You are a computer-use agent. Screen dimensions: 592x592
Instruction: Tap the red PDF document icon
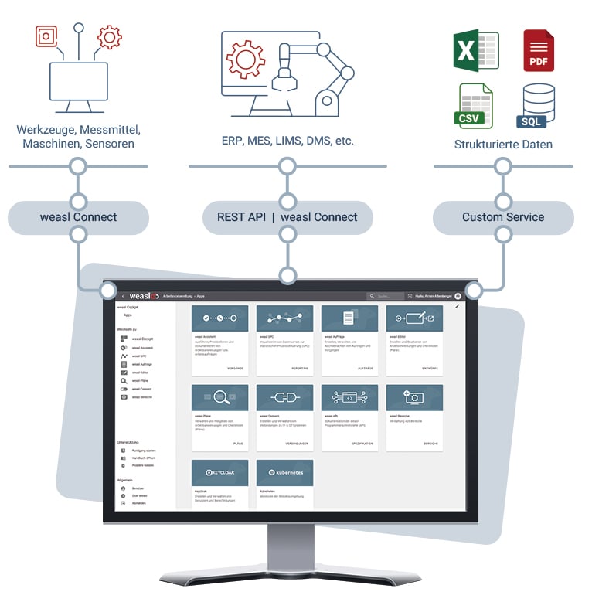point(539,51)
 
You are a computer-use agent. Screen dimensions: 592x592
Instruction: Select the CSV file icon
point(474,106)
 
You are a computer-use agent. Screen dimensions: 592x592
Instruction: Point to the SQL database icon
point(539,106)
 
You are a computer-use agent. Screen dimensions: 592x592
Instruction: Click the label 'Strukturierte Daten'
point(503,145)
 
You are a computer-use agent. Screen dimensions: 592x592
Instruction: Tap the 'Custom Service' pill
point(503,217)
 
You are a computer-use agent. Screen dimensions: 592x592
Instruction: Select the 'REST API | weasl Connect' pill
point(287,217)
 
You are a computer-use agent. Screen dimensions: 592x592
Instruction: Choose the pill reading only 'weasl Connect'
point(78,217)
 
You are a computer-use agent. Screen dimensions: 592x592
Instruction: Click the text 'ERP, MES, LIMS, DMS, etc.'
point(287,141)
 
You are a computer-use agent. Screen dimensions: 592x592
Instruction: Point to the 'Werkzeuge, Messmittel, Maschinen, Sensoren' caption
point(78,137)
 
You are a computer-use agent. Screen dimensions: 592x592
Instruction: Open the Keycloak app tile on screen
point(219,484)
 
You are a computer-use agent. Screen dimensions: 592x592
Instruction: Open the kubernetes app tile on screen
point(284,484)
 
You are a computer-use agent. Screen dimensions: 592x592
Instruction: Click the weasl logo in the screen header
point(145,296)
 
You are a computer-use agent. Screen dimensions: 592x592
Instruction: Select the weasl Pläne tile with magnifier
point(219,417)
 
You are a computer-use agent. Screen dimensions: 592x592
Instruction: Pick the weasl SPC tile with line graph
point(284,337)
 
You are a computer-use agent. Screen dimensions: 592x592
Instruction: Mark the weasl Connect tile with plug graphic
point(284,417)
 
